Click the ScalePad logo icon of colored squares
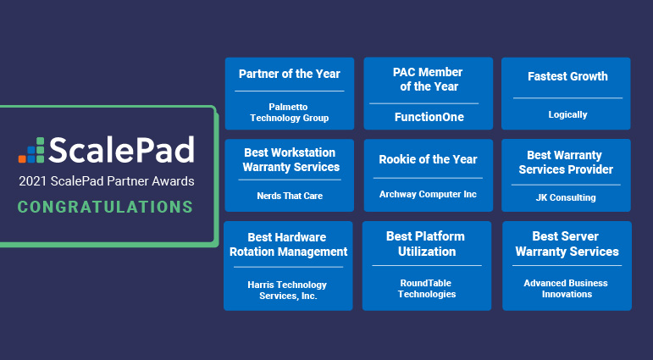[x=31, y=149]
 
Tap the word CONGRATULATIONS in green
[x=105, y=207]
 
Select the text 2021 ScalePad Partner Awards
[x=106, y=181]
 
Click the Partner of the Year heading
[x=290, y=74]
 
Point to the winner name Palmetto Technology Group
[x=290, y=112]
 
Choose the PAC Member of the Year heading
[x=429, y=80]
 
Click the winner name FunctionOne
[x=429, y=117]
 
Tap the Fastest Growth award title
[x=567, y=76]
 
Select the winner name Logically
[x=567, y=114]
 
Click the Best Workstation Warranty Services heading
[x=291, y=160]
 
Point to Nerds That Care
[x=290, y=197]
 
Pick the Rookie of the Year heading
[x=428, y=159]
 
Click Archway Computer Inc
[x=428, y=195]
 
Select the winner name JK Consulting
[x=567, y=198]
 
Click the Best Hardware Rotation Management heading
[x=289, y=244]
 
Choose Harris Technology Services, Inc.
[x=289, y=291]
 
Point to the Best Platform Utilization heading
[x=427, y=243]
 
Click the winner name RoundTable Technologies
[x=427, y=289]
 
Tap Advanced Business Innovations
[x=567, y=288]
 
